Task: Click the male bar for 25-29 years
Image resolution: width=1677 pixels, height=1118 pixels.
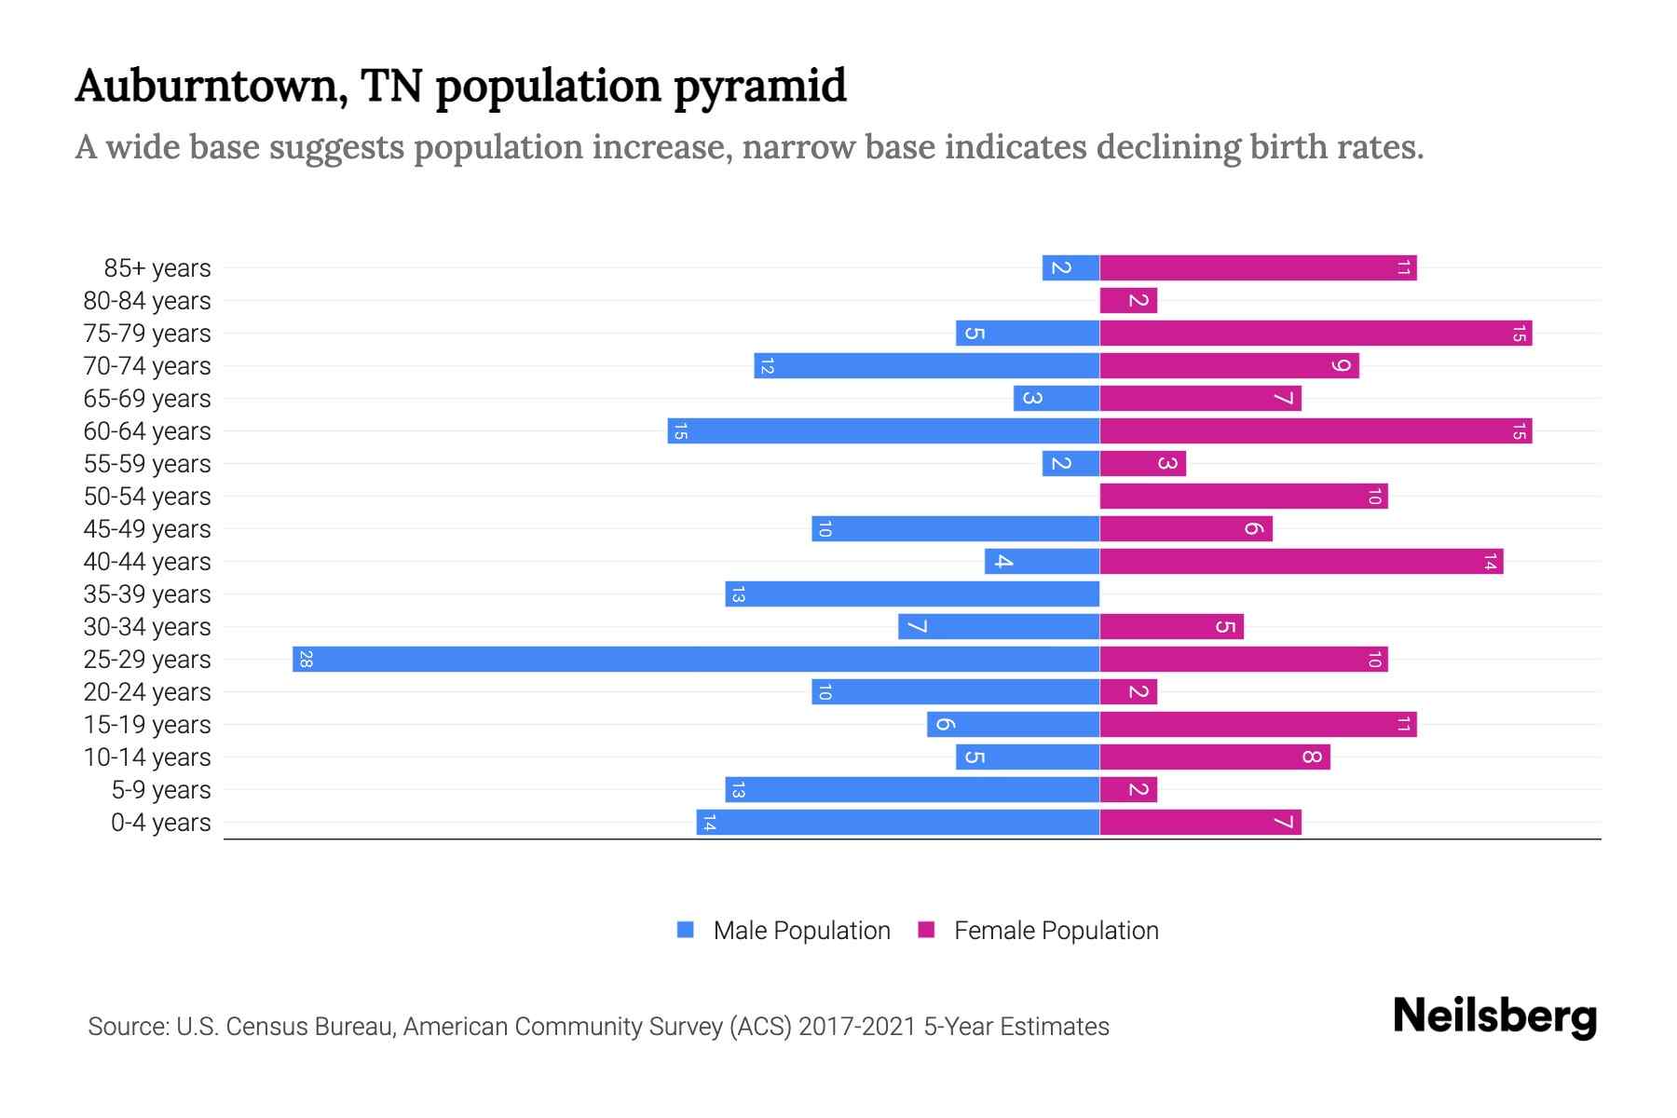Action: (x=696, y=660)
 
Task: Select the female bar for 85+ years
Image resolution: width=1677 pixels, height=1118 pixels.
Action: (x=1258, y=268)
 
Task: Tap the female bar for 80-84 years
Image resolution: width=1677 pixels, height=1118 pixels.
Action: (x=1128, y=301)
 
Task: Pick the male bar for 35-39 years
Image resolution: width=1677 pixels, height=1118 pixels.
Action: (x=912, y=594)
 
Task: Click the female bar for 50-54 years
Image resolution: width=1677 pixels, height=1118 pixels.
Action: (x=1244, y=497)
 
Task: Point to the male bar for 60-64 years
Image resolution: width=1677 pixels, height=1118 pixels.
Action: (x=883, y=431)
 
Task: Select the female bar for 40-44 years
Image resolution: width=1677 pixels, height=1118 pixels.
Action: (x=1302, y=562)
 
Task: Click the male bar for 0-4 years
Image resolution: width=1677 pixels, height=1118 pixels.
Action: (x=898, y=823)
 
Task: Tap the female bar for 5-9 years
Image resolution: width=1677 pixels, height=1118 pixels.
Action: (x=1128, y=790)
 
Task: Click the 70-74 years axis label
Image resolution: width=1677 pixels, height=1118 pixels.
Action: (x=147, y=366)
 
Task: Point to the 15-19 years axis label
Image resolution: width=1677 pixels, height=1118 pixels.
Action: (x=147, y=725)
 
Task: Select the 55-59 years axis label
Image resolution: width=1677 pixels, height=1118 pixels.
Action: (x=147, y=464)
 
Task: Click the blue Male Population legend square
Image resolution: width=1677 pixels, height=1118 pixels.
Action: (x=686, y=930)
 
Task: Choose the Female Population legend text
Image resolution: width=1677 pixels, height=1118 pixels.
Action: (x=1056, y=931)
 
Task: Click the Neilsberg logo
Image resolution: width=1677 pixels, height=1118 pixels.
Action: (x=1494, y=1016)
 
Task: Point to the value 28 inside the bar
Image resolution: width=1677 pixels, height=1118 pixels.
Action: (x=306, y=660)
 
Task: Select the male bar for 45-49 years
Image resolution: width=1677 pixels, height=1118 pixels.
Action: (x=955, y=529)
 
